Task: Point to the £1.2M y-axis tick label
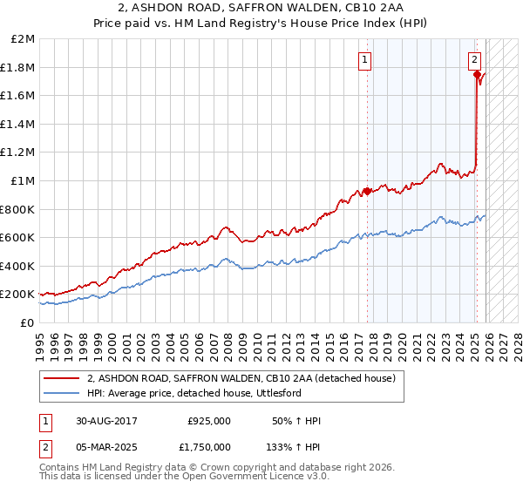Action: tap(19, 152)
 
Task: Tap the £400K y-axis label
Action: tap(19, 266)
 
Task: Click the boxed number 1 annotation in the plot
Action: tap(364, 60)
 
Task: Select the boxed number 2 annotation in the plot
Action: tap(474, 60)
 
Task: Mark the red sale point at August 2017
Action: tap(367, 191)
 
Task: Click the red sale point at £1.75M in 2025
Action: tap(477, 75)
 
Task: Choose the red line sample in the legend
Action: tap(62, 378)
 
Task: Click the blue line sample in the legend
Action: tap(62, 393)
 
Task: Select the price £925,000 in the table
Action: tap(209, 421)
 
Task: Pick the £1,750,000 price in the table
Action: tap(205, 446)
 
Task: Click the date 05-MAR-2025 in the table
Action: tap(113, 446)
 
